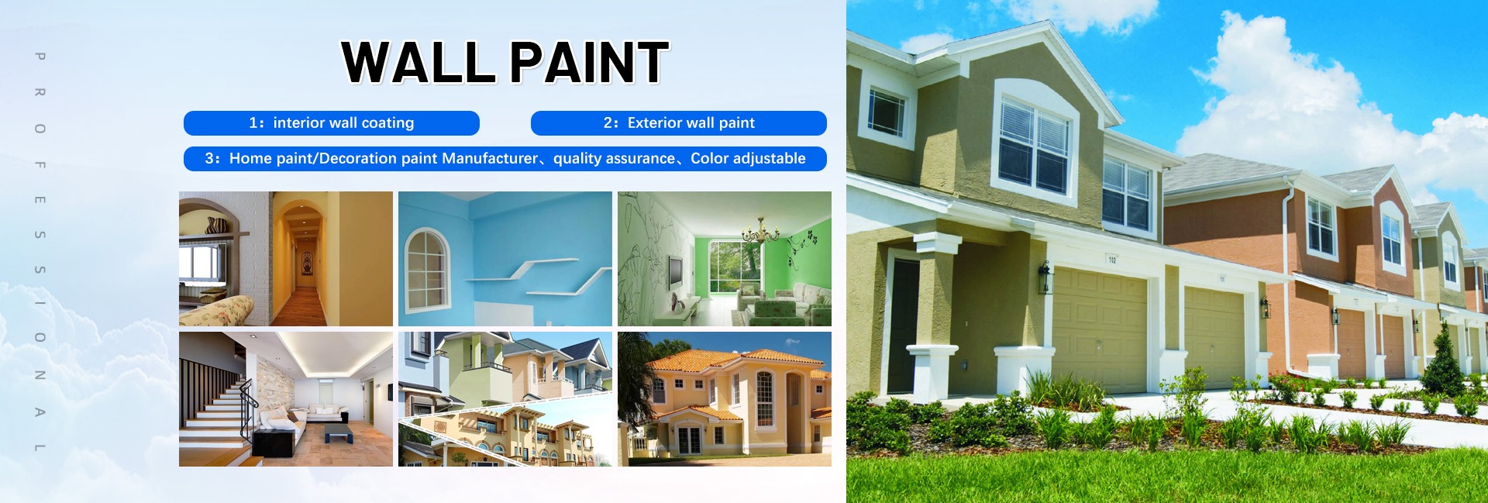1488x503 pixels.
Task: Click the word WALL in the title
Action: coord(418,62)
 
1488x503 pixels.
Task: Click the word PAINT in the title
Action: coord(590,62)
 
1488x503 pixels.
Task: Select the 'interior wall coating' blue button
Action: coord(332,123)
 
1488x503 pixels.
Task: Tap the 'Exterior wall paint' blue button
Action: coord(679,123)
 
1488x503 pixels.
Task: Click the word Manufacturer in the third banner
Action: coord(490,159)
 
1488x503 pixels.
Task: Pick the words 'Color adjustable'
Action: coord(748,159)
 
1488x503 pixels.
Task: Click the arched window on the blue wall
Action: coord(427,268)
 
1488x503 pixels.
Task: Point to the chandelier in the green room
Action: coord(761,229)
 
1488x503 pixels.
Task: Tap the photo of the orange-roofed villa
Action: coord(725,399)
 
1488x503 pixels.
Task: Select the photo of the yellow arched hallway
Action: coord(286,259)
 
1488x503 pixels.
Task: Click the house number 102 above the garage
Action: coord(1112,260)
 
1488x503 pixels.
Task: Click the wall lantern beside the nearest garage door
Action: coord(1045,278)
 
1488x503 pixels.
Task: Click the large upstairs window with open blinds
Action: coord(1035,143)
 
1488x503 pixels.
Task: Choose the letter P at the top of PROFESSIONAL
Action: coord(40,56)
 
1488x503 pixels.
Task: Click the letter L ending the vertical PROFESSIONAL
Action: coord(40,448)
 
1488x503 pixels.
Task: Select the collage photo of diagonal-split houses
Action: coord(505,399)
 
